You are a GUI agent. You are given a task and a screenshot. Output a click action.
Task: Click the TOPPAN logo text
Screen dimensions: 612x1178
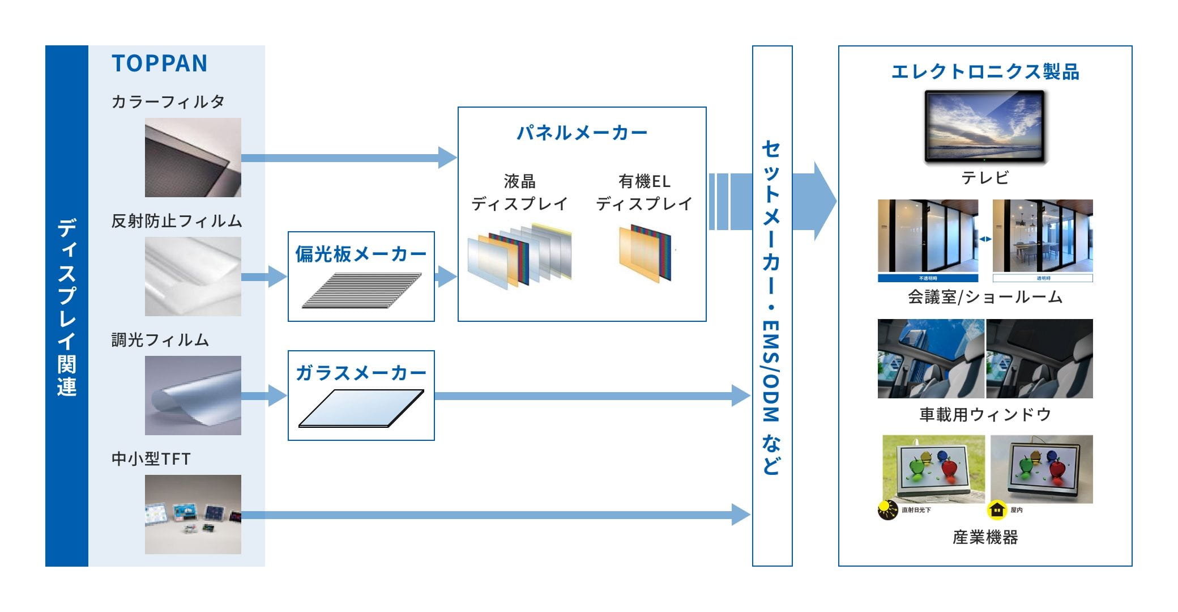(x=160, y=63)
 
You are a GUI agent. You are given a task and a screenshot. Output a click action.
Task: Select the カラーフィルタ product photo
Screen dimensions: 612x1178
(x=193, y=158)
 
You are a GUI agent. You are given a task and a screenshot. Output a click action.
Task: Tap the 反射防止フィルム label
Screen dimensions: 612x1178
(x=177, y=221)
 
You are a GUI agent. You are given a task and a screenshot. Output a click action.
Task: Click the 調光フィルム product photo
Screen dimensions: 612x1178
(x=193, y=396)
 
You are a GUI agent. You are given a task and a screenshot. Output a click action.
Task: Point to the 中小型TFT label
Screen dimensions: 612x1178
(x=151, y=459)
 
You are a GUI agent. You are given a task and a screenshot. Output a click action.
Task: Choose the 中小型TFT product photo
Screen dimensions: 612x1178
(x=193, y=515)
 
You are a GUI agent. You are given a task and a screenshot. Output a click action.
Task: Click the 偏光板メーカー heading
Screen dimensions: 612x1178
(x=361, y=254)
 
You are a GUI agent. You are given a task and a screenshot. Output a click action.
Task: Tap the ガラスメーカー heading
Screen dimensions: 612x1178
(x=361, y=373)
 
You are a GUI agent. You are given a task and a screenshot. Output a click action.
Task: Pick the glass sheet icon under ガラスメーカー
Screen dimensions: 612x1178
(x=361, y=409)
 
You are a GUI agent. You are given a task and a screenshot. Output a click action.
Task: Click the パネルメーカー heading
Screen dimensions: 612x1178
(x=582, y=133)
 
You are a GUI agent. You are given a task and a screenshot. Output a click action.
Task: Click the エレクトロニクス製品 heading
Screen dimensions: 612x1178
(x=985, y=72)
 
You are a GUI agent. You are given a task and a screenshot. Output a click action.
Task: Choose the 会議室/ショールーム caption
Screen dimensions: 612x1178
(x=985, y=297)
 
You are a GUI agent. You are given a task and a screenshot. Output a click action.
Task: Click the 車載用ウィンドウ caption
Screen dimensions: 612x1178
(x=985, y=415)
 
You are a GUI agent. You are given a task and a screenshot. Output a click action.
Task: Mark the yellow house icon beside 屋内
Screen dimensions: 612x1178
(x=996, y=510)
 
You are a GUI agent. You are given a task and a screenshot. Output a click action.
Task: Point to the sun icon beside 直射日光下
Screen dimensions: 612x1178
(x=887, y=509)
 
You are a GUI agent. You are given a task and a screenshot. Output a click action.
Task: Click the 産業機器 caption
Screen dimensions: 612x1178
(x=985, y=537)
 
